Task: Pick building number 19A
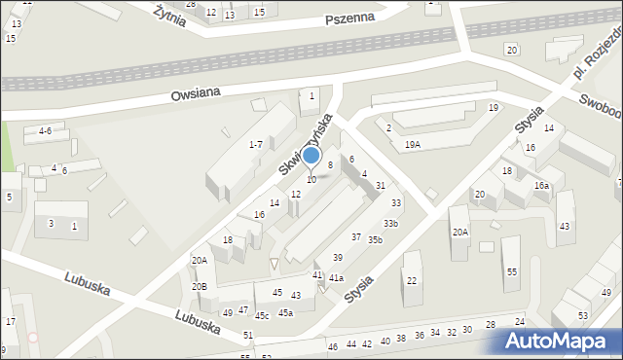tap(413, 144)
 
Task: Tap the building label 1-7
tap(255, 144)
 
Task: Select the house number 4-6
tap(45, 130)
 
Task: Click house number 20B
tap(200, 287)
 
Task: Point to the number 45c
tap(262, 315)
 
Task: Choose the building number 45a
tap(285, 312)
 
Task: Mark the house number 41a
tap(336, 278)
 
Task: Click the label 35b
tap(375, 239)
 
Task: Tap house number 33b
tap(390, 224)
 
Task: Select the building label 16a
tap(541, 185)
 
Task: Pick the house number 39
tap(337, 257)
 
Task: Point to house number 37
tap(356, 237)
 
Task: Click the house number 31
tap(381, 185)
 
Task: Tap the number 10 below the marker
tap(311, 180)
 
